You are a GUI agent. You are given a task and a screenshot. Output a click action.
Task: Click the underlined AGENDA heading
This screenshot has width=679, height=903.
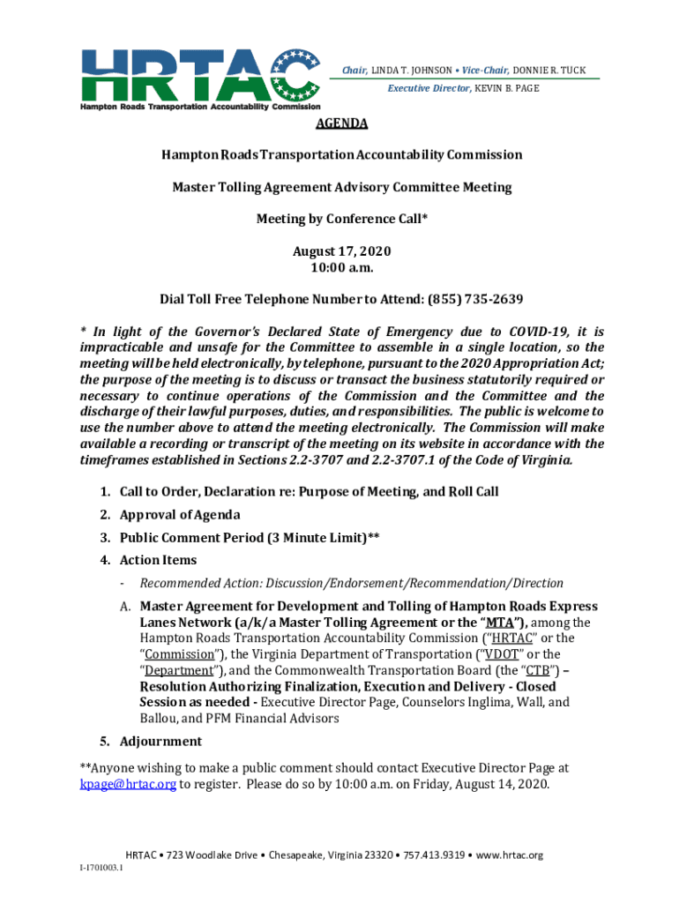[340, 123]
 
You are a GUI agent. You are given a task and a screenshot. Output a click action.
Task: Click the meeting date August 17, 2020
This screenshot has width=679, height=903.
[340, 251]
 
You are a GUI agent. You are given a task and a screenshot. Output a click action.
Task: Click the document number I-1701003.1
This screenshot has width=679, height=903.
[101, 869]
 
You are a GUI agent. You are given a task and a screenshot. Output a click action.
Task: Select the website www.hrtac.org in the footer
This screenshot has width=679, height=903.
[510, 854]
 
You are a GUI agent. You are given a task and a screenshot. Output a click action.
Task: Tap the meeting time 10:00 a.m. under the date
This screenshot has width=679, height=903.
[340, 267]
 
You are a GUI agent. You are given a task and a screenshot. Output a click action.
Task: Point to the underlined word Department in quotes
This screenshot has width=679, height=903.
[183, 670]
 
